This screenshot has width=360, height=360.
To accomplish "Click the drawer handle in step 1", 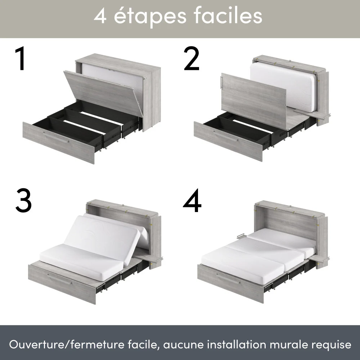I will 56,137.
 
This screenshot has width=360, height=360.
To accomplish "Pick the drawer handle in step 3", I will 59,279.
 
